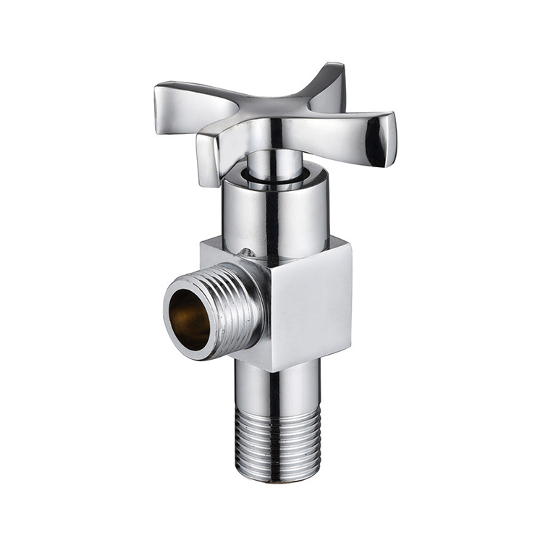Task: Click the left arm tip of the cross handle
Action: click(165, 98)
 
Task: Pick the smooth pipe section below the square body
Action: click(279, 387)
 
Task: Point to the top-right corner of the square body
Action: click(350, 245)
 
